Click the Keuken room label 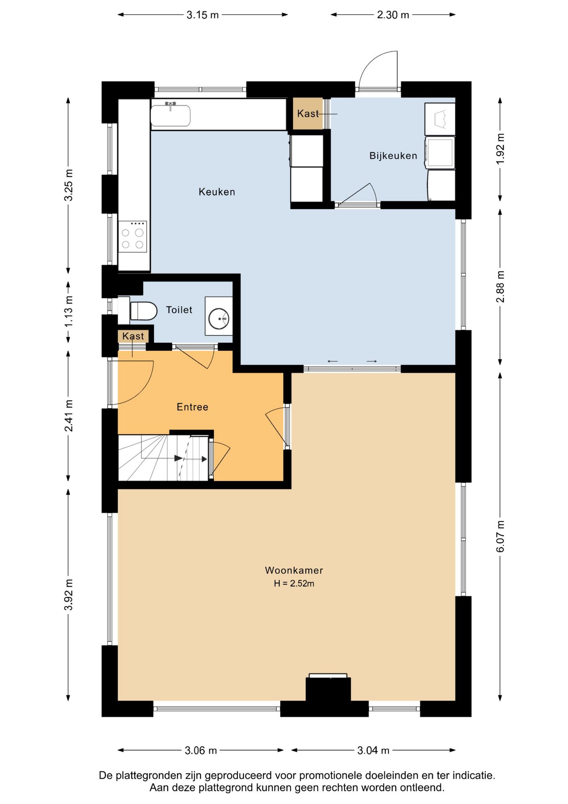tap(217, 192)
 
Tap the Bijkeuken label tap(393, 156)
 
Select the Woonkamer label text tap(294, 570)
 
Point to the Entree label tap(192, 407)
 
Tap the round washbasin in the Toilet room tap(219, 319)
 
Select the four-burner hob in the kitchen tap(132, 237)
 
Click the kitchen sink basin tap(170, 115)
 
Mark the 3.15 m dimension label tap(202, 15)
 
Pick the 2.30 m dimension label tap(393, 15)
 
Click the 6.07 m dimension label tap(500, 536)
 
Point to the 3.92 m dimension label tap(69, 595)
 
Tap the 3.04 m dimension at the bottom tap(373, 750)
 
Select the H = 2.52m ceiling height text tap(294, 583)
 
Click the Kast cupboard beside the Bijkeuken tap(308, 113)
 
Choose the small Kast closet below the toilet tap(133, 336)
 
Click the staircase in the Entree tap(164, 458)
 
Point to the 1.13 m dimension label tap(69, 312)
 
